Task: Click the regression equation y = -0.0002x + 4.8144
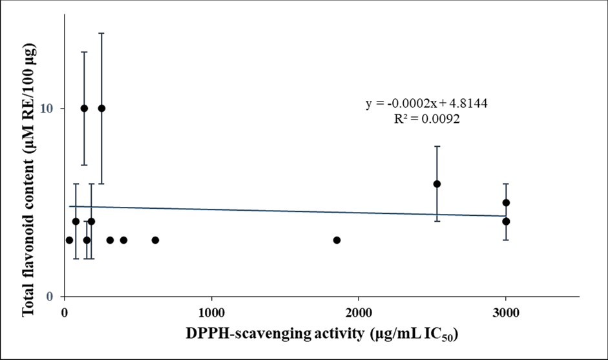(431, 103)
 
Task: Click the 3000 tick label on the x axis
(506, 313)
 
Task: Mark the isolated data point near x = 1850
(337, 240)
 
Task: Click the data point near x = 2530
(437, 184)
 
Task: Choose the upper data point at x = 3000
(506, 202)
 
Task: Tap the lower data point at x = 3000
(506, 221)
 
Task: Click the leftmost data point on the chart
(69, 240)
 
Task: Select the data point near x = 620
(155, 240)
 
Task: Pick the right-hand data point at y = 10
(101, 108)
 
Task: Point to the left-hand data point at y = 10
(84, 108)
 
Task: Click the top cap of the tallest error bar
(101, 32)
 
